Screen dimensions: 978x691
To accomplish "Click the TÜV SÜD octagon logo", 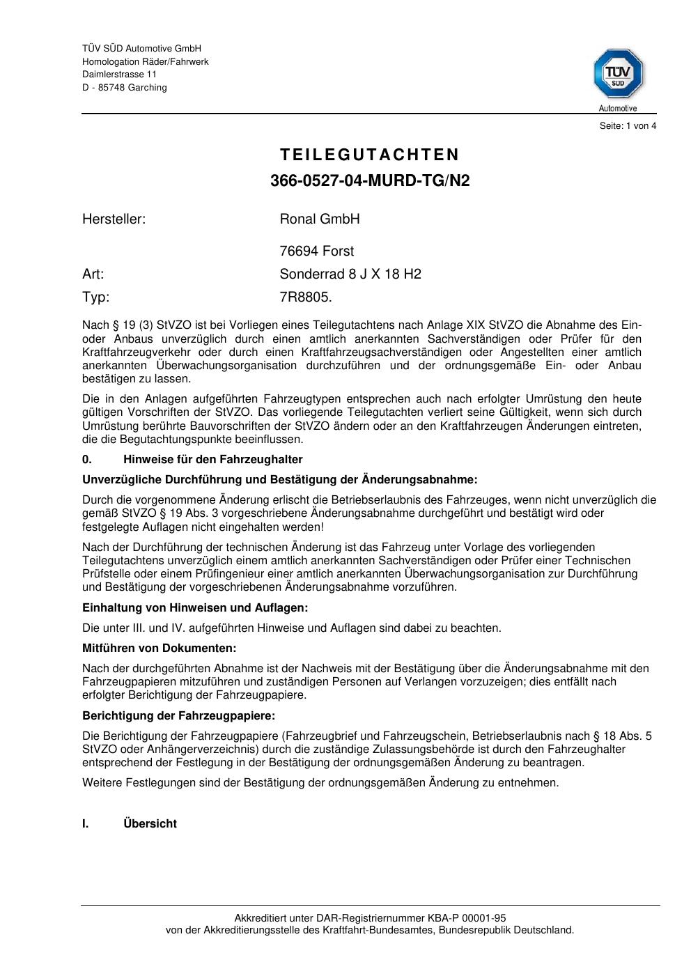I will pos(618,74).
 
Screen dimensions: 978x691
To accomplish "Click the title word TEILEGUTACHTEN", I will pos(370,155).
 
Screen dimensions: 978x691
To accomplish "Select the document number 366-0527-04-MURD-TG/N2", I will pos(370,181).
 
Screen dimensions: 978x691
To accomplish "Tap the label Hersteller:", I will pos(114,219).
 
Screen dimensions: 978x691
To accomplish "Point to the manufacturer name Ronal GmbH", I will pos(320,219).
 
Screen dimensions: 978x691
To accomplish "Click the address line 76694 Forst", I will pos(317,251).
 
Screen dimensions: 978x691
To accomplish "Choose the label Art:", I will pos(93,274).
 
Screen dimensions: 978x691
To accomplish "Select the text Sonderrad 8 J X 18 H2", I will pos(350,274).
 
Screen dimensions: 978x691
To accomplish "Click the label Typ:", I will pos(96,297).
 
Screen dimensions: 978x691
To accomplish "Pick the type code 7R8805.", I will pos(306,297).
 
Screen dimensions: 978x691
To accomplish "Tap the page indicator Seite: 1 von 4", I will pos(628,126).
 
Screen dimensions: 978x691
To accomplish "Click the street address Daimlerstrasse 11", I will pos(119,75).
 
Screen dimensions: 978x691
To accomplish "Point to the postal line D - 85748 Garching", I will pos(125,88).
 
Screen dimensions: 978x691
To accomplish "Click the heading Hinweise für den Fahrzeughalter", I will pos(212,460).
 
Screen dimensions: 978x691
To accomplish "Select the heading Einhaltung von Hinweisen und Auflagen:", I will pos(195,607).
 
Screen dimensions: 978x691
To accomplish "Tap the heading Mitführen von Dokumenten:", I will pos(160,648).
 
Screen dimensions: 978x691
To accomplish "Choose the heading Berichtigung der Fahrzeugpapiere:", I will pos(178,715).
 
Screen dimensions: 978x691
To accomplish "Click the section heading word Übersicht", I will pos(150,823).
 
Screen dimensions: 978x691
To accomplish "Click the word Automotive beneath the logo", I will pos(618,109).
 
